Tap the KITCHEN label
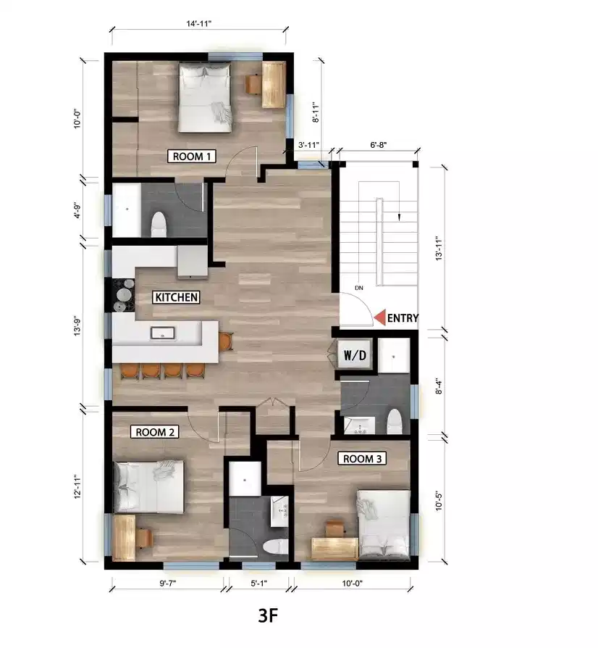[176, 297]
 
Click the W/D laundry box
[355, 356]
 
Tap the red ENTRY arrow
[380, 317]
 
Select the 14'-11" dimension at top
[199, 23]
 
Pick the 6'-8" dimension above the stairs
[378, 145]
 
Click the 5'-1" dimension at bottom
[258, 581]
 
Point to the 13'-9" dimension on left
[88, 326]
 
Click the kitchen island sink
[162, 333]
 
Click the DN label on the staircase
[358, 288]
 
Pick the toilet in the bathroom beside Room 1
[158, 225]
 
